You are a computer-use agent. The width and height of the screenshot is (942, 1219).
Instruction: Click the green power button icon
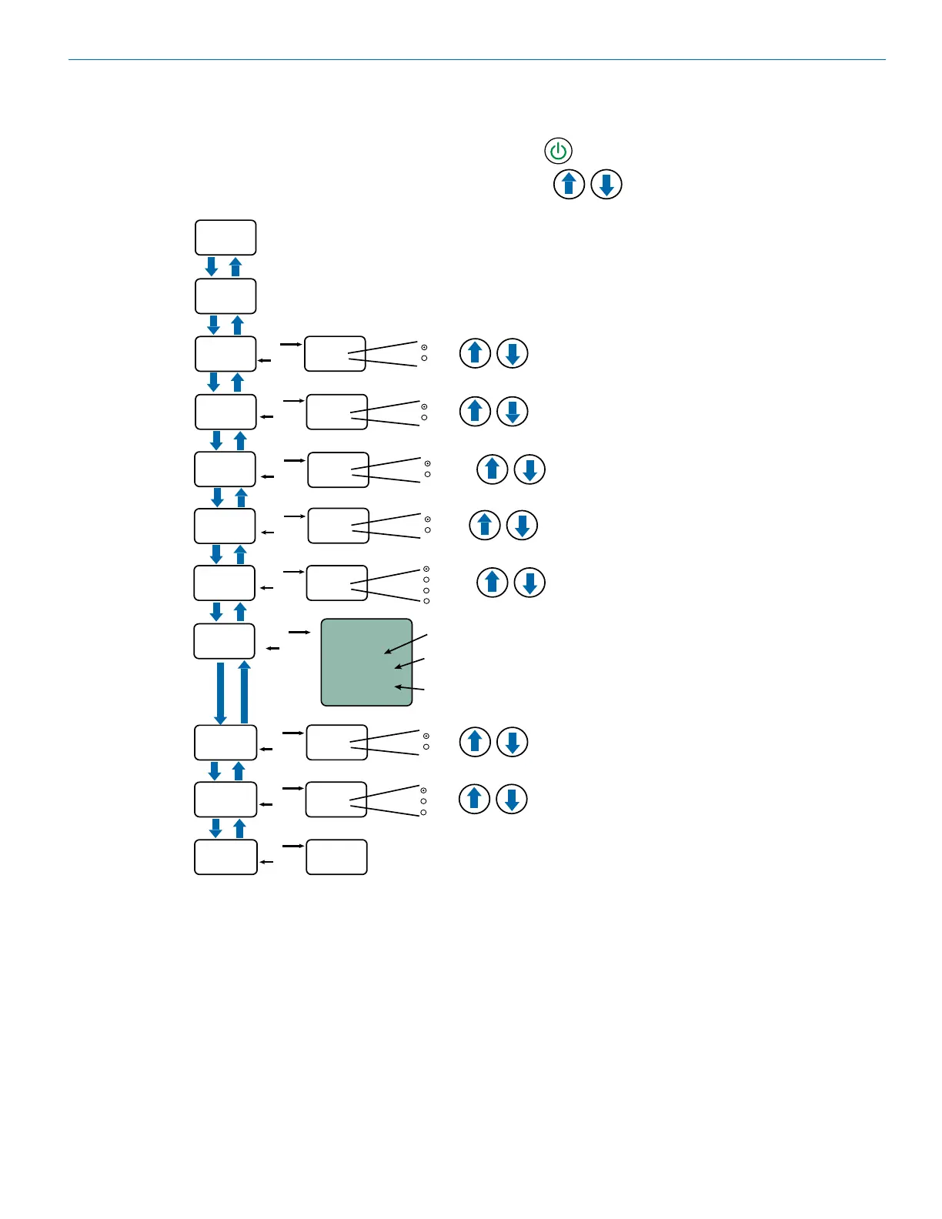558,151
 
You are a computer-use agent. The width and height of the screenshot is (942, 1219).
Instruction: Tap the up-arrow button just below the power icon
569,185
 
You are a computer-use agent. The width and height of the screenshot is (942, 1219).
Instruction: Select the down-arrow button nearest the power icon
606,185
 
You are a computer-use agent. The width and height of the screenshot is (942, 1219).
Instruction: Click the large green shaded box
366,662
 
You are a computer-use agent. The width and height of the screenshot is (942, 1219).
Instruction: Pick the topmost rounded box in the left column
225,237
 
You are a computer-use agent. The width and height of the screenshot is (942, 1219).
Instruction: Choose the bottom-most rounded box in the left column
225,857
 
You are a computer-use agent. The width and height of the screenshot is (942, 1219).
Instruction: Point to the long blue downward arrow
220,693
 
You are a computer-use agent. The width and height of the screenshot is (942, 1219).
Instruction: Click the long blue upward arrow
245,691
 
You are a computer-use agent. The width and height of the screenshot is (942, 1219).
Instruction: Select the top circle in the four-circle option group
426,569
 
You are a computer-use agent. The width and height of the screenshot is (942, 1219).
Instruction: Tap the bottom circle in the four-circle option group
426,601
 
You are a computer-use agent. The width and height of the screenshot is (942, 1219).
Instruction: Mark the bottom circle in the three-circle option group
423,813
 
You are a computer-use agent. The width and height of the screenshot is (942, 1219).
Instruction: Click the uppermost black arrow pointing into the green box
406,644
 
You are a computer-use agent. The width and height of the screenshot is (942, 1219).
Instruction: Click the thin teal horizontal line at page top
477,59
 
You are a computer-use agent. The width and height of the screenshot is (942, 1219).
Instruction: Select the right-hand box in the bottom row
336,857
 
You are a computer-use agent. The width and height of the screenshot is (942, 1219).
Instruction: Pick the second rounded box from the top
225,296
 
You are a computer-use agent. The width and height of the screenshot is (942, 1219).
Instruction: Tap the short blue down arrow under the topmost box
212,266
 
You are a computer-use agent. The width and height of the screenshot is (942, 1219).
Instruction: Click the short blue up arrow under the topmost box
236,266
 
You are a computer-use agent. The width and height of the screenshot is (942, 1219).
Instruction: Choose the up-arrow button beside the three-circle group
474,799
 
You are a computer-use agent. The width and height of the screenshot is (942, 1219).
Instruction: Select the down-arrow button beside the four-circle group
529,583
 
